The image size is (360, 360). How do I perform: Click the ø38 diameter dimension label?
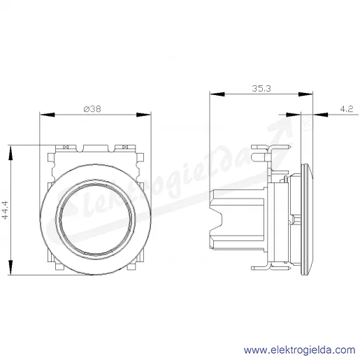(92, 109)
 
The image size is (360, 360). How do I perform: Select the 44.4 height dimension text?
(5, 210)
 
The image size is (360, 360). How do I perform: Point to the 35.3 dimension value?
(261, 89)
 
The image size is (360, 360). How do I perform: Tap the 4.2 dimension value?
(347, 109)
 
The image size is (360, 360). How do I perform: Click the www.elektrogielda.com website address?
(299, 350)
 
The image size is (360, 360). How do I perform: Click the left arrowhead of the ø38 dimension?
(47, 115)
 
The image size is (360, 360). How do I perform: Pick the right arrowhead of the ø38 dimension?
(143, 115)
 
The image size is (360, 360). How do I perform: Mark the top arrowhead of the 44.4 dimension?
(10, 153)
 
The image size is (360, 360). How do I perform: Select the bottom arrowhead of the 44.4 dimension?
(10, 268)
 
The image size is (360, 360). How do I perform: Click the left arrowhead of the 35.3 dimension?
(217, 94)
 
